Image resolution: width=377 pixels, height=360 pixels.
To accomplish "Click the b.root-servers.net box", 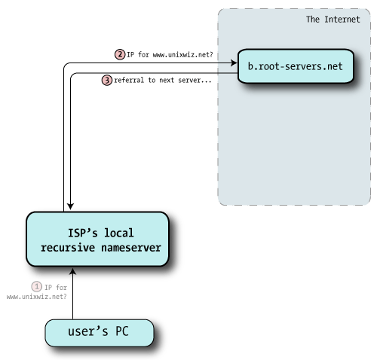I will (295, 66).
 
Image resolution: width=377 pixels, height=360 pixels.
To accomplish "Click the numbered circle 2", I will (119, 54).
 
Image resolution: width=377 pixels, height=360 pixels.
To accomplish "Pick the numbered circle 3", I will (106, 80).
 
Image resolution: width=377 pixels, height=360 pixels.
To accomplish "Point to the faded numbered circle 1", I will (35, 286).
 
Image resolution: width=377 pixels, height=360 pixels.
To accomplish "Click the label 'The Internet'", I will (332, 19).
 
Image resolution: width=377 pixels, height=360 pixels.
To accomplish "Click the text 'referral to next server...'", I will (162, 80).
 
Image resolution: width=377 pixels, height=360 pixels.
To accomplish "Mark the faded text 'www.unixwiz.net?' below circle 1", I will (36, 297).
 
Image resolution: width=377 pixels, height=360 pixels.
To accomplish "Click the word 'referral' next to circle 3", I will (130, 80).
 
